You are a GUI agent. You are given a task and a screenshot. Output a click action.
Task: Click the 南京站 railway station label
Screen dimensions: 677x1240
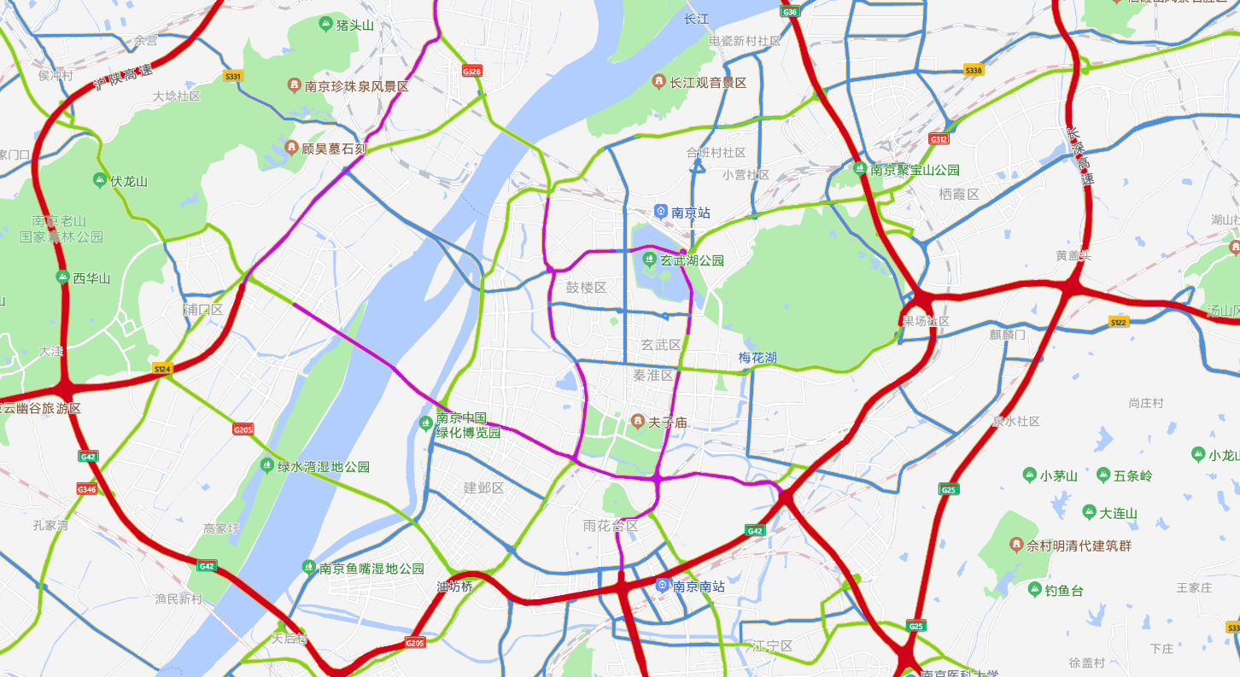(690, 213)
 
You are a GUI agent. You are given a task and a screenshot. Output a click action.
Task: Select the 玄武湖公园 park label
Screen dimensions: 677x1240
(692, 260)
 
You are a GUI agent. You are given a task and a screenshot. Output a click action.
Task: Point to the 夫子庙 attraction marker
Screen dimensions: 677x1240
(637, 421)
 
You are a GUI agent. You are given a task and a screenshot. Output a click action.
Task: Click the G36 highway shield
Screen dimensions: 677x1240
(790, 12)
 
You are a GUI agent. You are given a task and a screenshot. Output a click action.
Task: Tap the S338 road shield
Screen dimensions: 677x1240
(974, 70)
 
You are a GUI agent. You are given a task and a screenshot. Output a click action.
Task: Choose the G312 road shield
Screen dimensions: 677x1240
(939, 138)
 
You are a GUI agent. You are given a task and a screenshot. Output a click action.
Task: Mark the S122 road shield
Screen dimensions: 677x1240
(1119, 322)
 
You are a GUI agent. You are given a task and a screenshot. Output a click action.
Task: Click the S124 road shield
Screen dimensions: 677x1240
(162, 369)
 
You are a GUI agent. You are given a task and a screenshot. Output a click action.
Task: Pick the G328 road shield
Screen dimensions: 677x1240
(472, 71)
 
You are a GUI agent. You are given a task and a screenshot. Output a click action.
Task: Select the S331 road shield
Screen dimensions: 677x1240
(233, 76)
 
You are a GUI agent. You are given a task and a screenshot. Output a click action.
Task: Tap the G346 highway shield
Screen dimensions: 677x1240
(87, 489)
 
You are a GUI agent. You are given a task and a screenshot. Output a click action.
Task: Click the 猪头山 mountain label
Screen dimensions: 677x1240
(355, 25)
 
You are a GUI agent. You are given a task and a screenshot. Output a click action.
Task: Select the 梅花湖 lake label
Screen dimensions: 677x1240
(757, 358)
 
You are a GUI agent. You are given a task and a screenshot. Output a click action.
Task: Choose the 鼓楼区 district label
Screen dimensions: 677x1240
(586, 288)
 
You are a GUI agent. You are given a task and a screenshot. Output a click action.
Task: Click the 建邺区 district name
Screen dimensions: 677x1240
(483, 488)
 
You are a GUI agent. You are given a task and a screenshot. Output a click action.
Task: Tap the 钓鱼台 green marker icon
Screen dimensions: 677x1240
(1035, 590)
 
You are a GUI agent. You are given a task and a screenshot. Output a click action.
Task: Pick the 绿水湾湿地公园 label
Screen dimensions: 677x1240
(324, 467)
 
